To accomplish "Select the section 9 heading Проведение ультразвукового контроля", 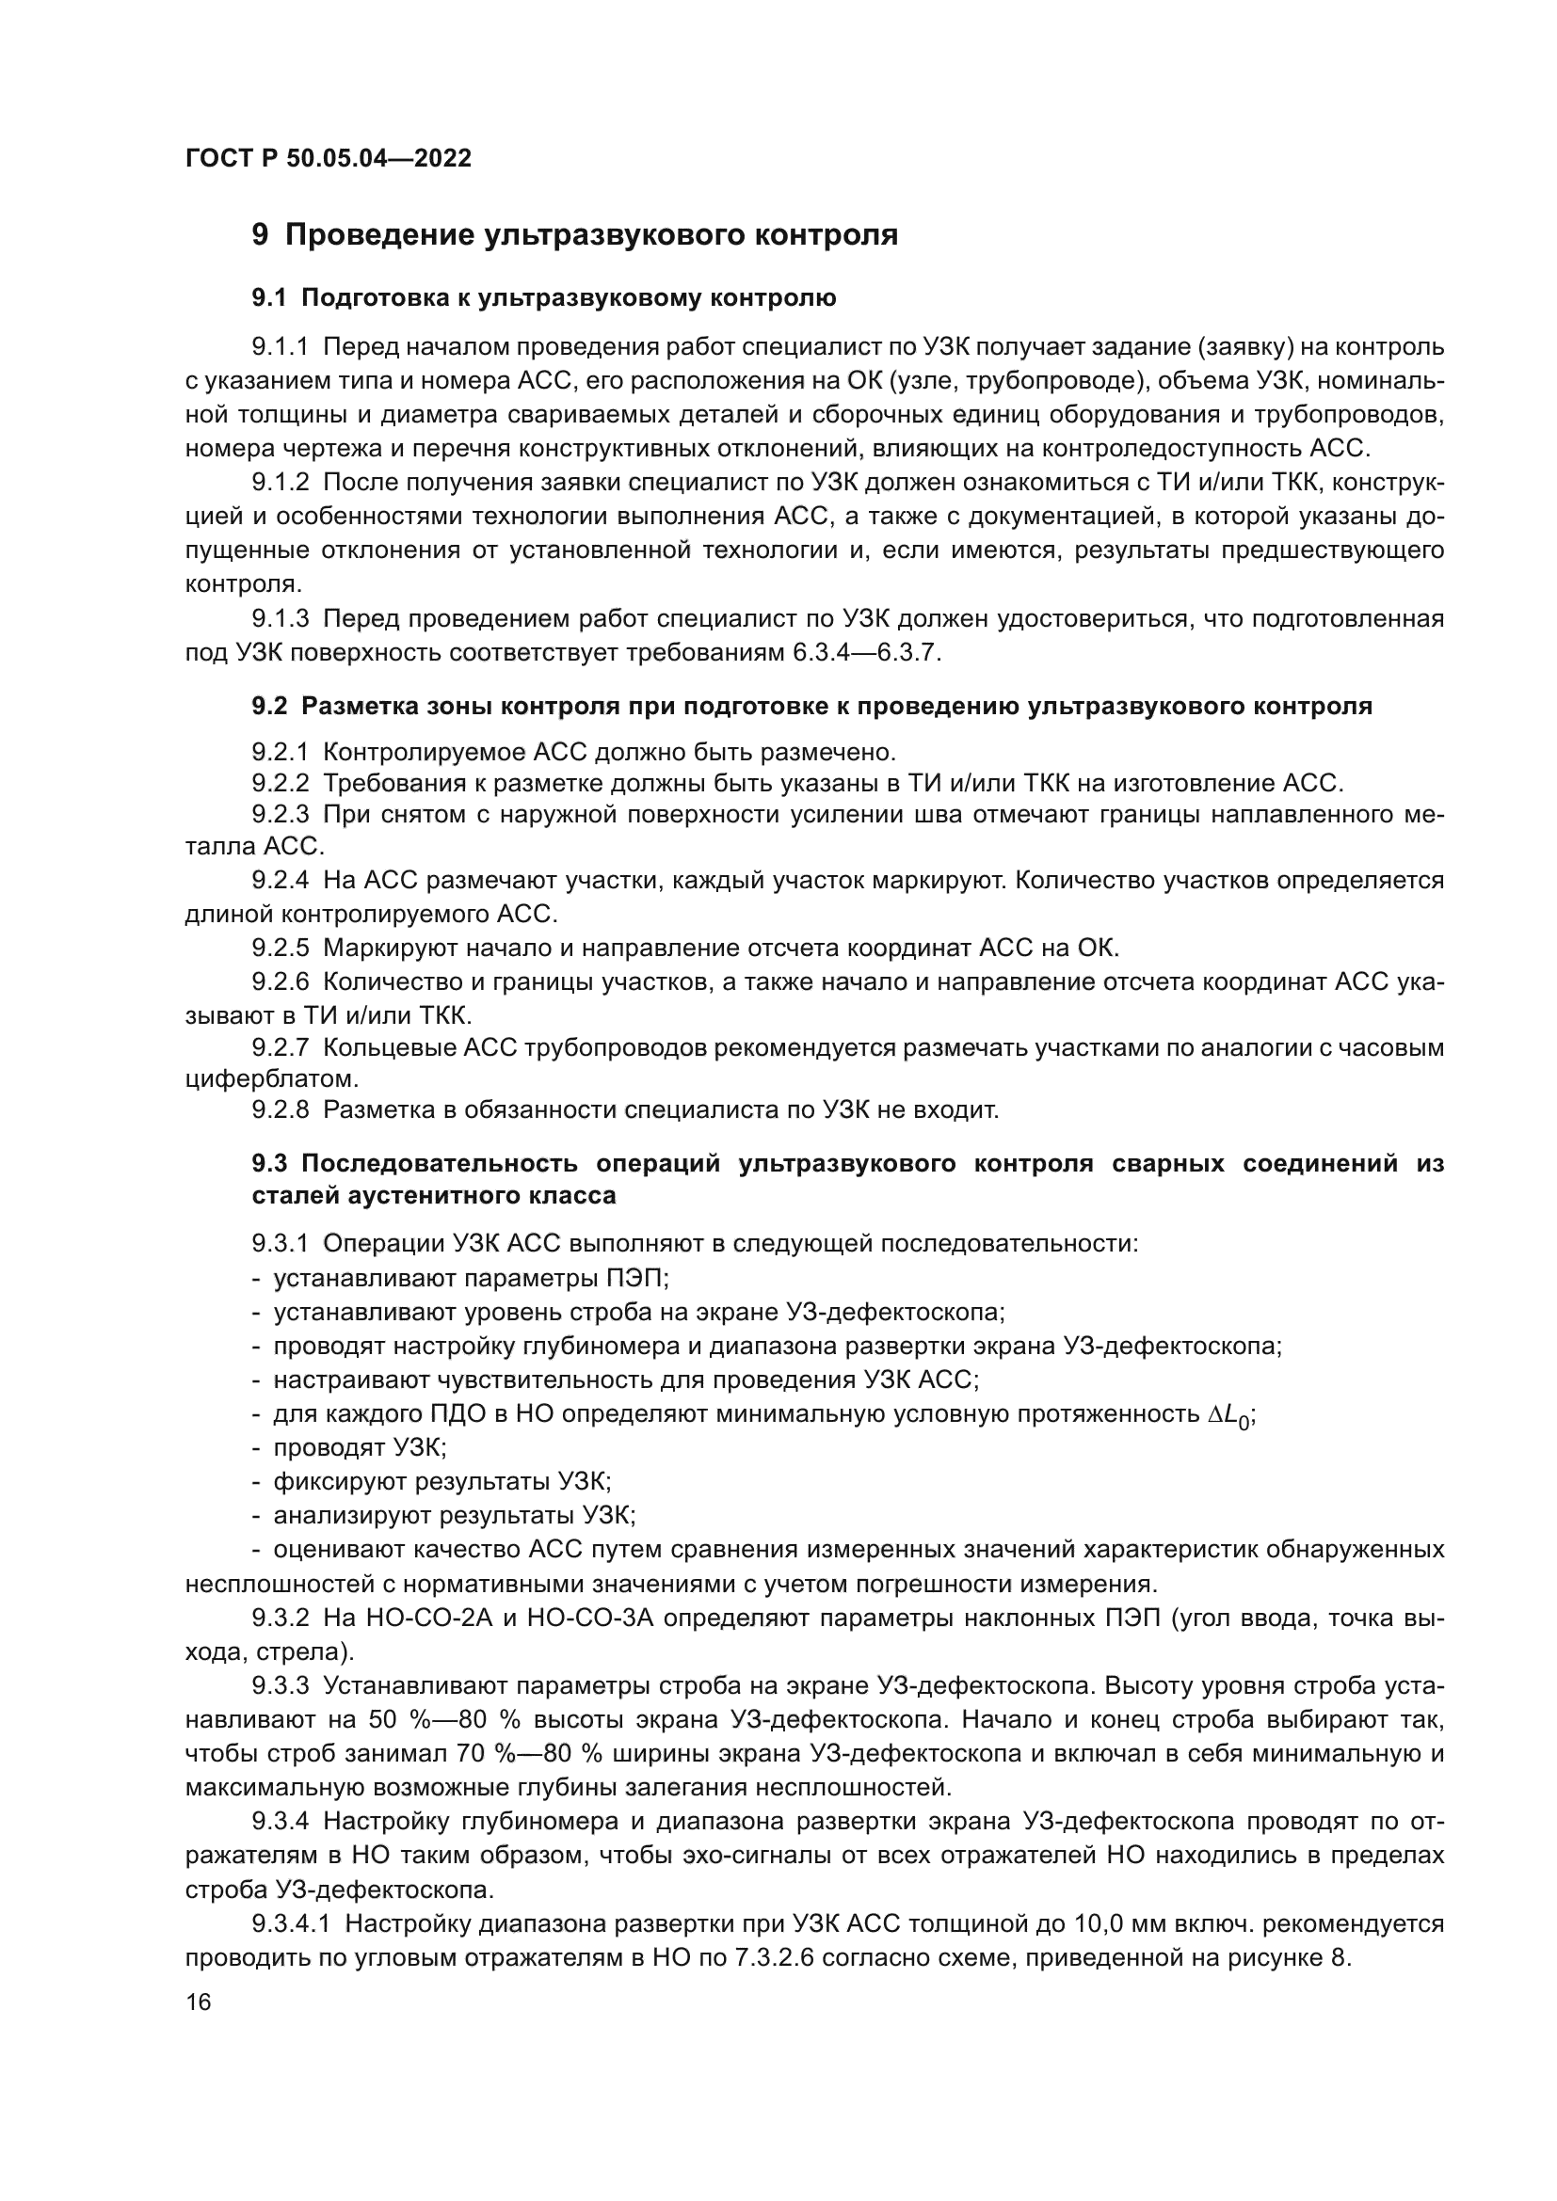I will click(x=574, y=235).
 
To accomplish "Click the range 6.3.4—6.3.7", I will click(x=866, y=654).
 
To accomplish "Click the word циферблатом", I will click(x=271, y=1078).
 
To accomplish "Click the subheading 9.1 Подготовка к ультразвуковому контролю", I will click(x=543, y=298).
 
